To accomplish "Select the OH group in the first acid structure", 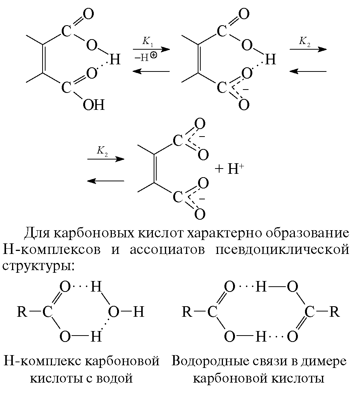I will [x=93, y=104].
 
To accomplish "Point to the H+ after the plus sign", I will [x=234, y=169].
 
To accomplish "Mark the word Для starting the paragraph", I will [x=37, y=233].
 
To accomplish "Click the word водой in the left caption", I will [x=115, y=378].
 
